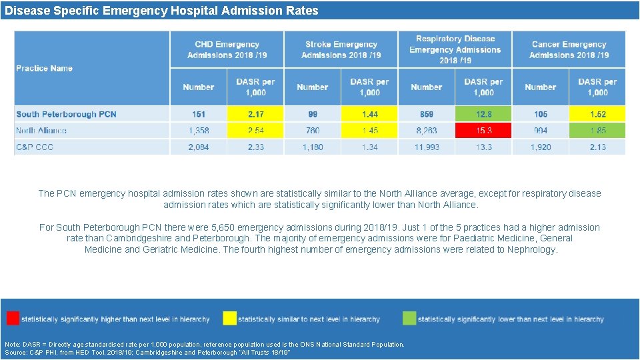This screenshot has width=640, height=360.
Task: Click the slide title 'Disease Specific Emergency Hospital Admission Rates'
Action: coord(161,11)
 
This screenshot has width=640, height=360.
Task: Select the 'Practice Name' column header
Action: coord(45,68)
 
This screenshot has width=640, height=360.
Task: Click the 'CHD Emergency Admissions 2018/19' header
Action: coord(227,49)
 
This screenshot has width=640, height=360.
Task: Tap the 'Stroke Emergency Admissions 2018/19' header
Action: coord(341,49)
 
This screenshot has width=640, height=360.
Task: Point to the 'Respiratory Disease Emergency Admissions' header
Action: coord(455,49)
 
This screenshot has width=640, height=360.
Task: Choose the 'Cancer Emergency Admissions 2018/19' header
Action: coord(569,49)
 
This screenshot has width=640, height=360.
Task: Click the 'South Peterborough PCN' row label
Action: coord(66,114)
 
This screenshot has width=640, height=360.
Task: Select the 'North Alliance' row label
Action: coord(41,131)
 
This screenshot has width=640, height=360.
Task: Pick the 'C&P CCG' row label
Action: coord(35,147)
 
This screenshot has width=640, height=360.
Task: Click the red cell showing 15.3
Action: coord(483,131)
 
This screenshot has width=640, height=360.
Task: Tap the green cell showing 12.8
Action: coord(483,114)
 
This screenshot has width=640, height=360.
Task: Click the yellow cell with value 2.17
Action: coord(255,114)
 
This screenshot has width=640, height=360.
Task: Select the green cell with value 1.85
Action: coord(597,131)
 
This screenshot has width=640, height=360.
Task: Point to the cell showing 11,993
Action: coord(427,147)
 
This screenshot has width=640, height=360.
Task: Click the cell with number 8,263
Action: coord(427,131)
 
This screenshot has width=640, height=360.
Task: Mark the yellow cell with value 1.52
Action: coord(597,114)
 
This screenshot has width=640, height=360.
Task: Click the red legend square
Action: coord(13,318)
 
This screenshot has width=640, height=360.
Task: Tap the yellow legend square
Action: coord(229,318)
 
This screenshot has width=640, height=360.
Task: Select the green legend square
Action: coord(409,318)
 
